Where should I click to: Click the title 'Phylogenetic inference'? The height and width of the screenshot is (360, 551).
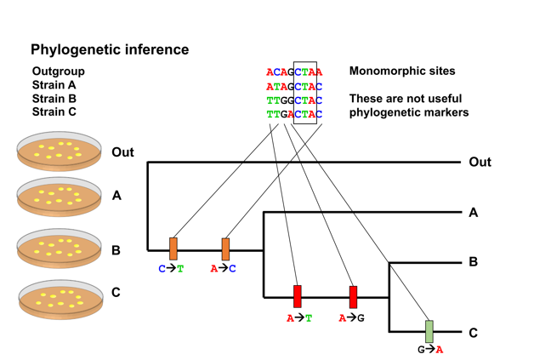coord(110,50)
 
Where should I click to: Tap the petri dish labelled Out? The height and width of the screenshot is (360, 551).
coord(60,151)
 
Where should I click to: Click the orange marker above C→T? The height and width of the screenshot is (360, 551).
coord(173,249)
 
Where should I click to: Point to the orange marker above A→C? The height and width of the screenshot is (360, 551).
coord(225,249)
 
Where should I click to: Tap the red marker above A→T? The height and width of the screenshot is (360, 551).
coord(298,296)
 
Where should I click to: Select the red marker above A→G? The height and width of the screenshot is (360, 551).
coord(353,296)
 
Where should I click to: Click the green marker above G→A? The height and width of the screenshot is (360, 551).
coord(429,331)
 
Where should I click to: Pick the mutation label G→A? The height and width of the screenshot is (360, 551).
coord(429,350)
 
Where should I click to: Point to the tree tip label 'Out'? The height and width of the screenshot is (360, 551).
coord(480,162)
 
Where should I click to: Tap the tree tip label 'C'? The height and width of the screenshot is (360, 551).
coord(474,333)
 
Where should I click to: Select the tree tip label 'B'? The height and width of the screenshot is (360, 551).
coord(474,262)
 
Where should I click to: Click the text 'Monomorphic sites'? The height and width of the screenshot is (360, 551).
coord(402,71)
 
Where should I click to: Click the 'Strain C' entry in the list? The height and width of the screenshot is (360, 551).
coord(54,111)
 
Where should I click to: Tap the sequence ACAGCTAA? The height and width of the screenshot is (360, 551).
coord(294,72)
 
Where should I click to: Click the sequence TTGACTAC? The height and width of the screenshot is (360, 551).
coord(294,113)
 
